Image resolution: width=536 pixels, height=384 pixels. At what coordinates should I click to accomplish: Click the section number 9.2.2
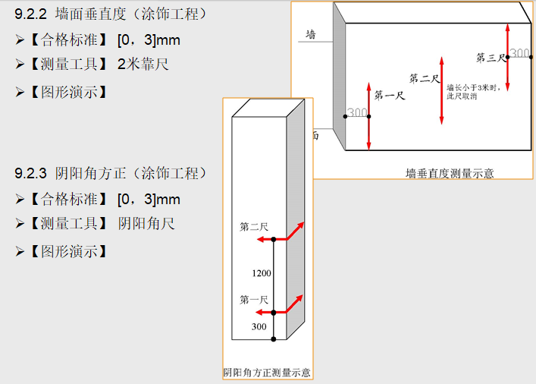coord(31,14)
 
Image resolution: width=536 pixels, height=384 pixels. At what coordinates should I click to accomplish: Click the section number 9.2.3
coord(31,173)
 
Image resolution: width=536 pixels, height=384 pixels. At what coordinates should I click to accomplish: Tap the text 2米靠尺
coord(143,65)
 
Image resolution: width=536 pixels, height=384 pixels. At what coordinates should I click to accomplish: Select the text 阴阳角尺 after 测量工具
coord(146,224)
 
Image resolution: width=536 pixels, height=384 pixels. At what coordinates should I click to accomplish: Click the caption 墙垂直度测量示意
coord(450,174)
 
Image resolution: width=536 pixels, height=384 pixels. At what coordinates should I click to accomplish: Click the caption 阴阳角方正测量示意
coord(267,373)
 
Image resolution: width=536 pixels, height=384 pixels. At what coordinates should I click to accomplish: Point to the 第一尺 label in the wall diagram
coord(390,95)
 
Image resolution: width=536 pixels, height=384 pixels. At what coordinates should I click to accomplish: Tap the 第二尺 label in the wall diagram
coord(425,78)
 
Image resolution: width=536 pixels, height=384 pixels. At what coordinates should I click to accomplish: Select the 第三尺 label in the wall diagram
coord(491,58)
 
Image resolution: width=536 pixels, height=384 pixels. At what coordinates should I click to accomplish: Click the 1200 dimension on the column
coord(262,273)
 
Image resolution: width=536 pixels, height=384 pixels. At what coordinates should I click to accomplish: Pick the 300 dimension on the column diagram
coord(259,326)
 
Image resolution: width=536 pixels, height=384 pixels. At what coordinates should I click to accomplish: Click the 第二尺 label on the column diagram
coord(254,227)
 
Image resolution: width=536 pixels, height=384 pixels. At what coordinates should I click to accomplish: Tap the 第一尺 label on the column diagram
coord(254,301)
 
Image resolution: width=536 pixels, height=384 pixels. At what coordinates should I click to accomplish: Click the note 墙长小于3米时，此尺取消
coord(473,92)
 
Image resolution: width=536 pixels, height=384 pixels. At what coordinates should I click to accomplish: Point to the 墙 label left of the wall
coord(310,34)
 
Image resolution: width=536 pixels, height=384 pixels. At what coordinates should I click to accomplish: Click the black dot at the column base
coord(274,339)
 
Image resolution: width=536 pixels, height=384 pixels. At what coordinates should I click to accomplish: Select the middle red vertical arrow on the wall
coord(442,91)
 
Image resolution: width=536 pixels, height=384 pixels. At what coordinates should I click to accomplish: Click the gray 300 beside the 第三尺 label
coord(519,53)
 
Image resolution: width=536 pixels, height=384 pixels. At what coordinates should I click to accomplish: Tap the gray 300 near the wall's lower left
coord(357,112)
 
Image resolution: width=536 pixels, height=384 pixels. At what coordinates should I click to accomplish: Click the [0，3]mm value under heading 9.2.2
coord(149,40)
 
